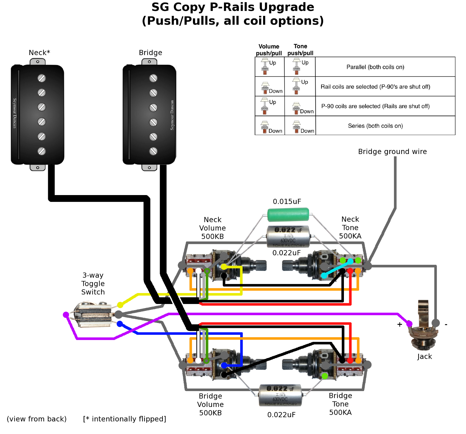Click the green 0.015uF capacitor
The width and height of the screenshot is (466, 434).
(x=288, y=214)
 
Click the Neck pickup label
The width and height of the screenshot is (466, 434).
(x=39, y=53)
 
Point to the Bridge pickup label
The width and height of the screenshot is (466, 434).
(x=150, y=53)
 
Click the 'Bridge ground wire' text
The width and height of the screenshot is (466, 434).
(x=392, y=152)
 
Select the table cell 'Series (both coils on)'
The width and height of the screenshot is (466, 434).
(x=375, y=126)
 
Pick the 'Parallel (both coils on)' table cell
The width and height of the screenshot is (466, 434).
(x=375, y=67)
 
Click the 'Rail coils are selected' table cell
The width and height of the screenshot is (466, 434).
(x=375, y=86)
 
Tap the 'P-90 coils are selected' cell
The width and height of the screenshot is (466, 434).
(x=375, y=106)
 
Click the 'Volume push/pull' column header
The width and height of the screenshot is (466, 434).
(x=269, y=50)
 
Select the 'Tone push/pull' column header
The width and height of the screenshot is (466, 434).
(x=300, y=50)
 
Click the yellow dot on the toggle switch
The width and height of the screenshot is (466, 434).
(x=120, y=305)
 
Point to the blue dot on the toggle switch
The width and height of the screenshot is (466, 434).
(x=120, y=324)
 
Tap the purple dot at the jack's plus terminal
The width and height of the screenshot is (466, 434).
(x=409, y=324)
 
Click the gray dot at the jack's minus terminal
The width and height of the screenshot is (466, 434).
(x=436, y=323)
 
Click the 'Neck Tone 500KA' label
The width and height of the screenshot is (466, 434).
(x=350, y=228)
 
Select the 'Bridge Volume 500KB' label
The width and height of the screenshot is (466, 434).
(x=210, y=404)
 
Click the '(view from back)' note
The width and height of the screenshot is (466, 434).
(x=37, y=419)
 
